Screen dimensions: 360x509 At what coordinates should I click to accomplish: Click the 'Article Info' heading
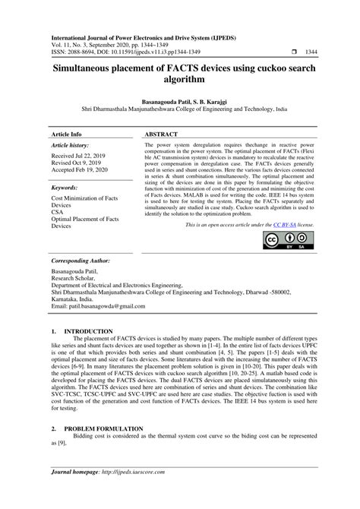[x=68, y=134]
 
